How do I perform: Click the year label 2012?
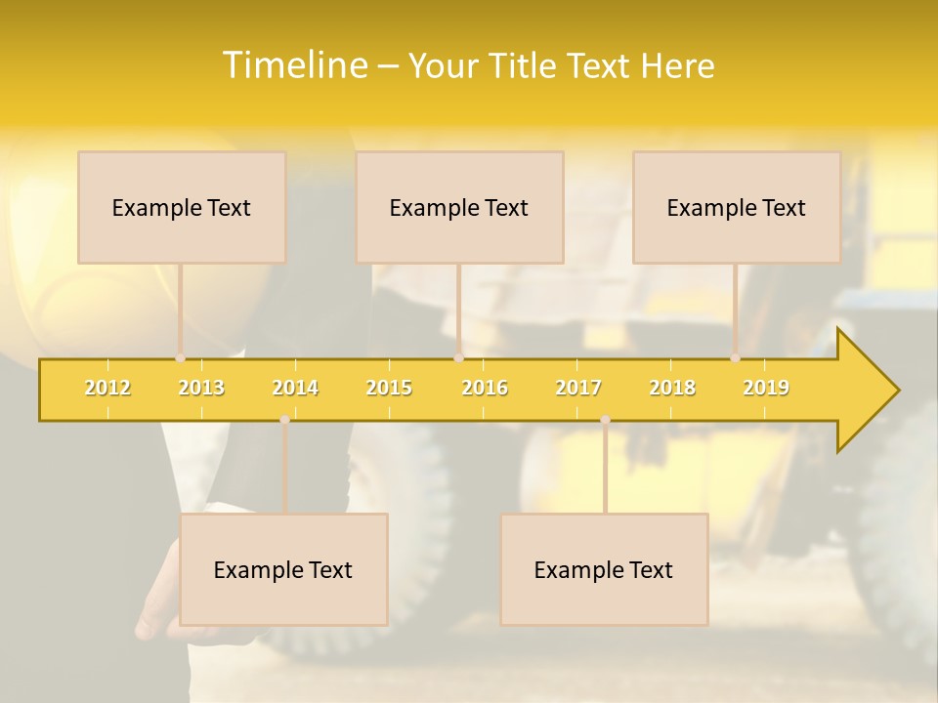click(x=107, y=388)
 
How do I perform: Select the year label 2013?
click(x=201, y=388)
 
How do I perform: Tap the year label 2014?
click(x=295, y=388)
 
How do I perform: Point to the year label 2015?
click(x=389, y=388)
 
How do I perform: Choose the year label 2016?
click(x=485, y=388)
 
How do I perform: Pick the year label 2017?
click(x=578, y=388)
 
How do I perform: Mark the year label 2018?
click(x=672, y=388)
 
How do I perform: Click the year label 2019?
click(x=766, y=388)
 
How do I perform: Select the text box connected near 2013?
click(x=182, y=208)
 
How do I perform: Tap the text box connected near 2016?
click(x=459, y=208)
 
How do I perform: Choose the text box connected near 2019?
click(x=737, y=208)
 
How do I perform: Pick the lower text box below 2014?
click(x=283, y=570)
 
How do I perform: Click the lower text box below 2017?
click(x=604, y=570)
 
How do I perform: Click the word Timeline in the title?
click(x=292, y=65)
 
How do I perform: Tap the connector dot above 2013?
click(x=180, y=358)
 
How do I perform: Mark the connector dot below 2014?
click(x=284, y=419)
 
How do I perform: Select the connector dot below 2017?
click(x=605, y=419)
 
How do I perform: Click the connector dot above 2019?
click(x=735, y=358)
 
